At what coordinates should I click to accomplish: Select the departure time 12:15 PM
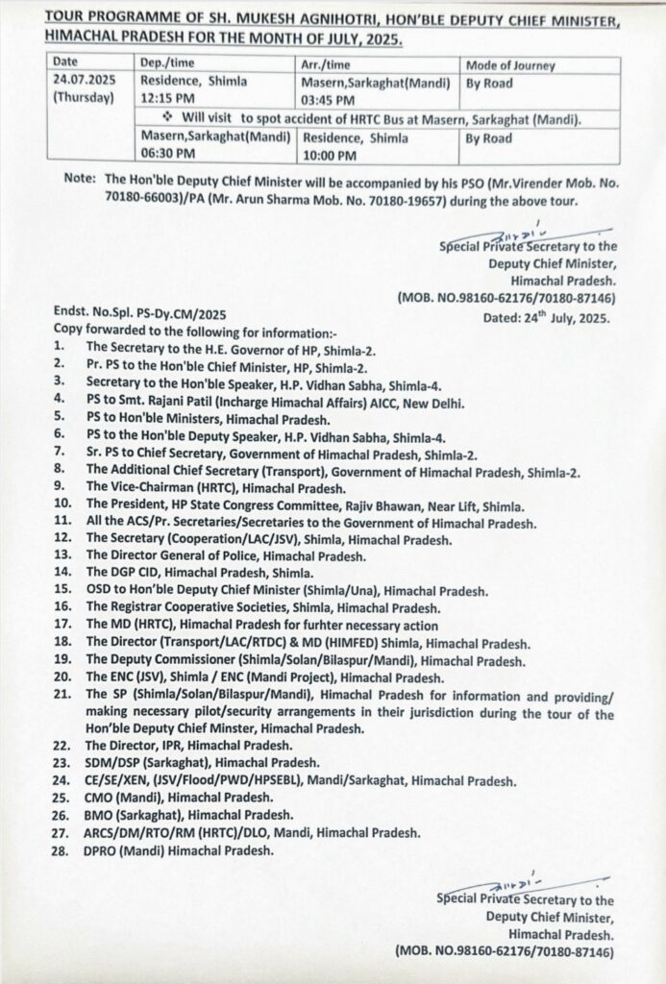tap(168, 100)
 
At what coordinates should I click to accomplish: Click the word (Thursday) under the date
tap(86, 99)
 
